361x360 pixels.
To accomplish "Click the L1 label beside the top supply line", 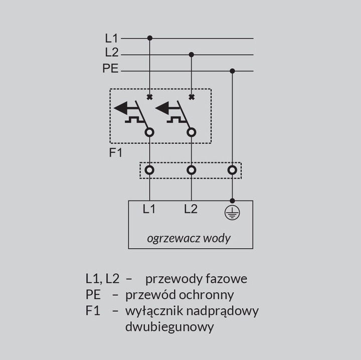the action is point(111,38).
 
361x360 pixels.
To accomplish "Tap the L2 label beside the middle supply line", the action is point(112,52).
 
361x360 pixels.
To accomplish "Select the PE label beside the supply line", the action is point(110,68).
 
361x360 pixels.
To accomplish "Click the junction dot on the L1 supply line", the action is point(150,38).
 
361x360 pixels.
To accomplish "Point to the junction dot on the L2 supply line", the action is point(192,55).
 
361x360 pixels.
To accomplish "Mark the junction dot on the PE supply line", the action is point(232,71).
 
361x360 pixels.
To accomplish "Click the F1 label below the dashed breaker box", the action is point(116,152).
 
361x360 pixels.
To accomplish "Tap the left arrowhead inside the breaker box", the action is point(121,108).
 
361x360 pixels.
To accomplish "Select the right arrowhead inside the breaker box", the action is point(162,108).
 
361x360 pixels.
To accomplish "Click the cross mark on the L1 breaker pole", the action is point(149,97).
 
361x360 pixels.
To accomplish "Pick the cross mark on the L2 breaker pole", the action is point(192,97).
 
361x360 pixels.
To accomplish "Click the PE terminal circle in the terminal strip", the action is point(232,170).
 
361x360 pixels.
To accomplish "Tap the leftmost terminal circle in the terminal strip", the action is point(149,170).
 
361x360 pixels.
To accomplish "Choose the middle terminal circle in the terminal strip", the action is point(192,170).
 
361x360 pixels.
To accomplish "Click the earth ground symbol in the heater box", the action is point(232,213).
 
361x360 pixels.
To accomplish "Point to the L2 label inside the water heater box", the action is point(191,209).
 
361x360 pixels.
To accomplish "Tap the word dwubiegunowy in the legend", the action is point(169,327).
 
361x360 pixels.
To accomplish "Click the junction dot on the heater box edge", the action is point(232,201).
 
